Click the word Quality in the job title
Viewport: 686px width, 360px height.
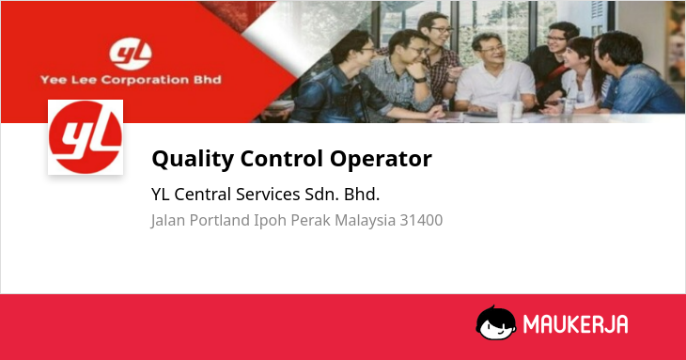click(193, 159)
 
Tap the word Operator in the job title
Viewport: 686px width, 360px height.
click(381, 159)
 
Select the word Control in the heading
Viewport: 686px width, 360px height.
click(282, 158)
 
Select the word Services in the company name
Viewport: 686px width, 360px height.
click(268, 195)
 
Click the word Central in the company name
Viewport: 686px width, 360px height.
click(203, 195)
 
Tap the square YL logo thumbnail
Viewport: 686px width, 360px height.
click(86, 137)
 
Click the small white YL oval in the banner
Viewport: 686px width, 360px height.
click(131, 55)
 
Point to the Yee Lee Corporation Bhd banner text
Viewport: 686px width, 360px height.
click(131, 80)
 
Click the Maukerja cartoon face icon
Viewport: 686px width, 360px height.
click(495, 322)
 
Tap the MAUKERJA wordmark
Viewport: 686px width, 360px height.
click(576, 324)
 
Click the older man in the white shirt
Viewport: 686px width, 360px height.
click(495, 74)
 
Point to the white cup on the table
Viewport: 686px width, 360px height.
click(506, 112)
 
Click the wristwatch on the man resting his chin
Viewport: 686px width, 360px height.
click(420, 80)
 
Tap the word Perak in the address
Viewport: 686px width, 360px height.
click(311, 220)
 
